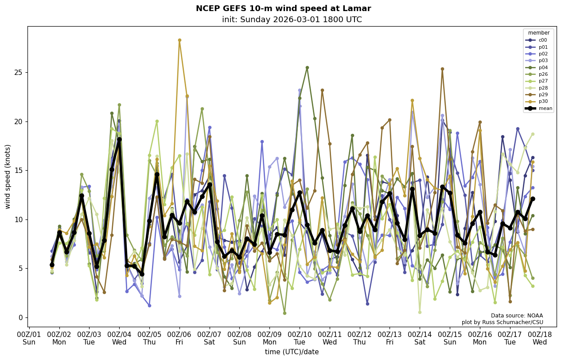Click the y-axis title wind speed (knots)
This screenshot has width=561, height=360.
[x=8, y=176]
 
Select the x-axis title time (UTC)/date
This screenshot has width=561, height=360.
[x=292, y=352]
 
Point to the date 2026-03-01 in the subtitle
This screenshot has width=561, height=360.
[x=289, y=20]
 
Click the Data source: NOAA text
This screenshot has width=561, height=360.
[x=517, y=316]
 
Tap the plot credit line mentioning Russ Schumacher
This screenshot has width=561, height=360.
[x=502, y=322]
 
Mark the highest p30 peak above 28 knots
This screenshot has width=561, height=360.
[x=179, y=40]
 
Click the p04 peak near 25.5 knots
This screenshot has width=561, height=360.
[x=307, y=68]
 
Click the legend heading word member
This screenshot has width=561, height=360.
[x=539, y=33]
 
